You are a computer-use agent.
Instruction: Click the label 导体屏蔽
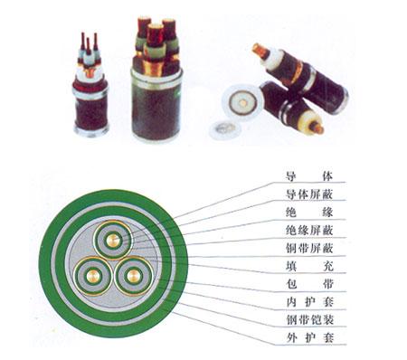(x=309, y=194)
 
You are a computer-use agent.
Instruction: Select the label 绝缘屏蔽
(x=309, y=231)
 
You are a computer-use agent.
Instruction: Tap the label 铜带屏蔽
(x=309, y=249)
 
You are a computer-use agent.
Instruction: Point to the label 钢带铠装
(x=310, y=319)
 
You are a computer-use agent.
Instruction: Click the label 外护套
(x=310, y=337)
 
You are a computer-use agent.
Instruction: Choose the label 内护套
(x=310, y=302)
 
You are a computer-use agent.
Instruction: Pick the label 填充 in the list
(x=309, y=266)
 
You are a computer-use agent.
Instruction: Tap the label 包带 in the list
(x=309, y=284)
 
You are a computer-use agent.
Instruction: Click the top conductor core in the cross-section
(x=113, y=240)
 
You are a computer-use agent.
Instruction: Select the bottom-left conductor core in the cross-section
(x=93, y=276)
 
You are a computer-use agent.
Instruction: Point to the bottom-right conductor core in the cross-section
(x=133, y=276)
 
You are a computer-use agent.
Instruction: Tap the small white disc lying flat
(x=223, y=129)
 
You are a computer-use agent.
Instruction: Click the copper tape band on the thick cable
(x=155, y=68)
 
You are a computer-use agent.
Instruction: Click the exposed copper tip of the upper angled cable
(x=260, y=52)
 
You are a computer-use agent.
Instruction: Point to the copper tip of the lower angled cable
(x=317, y=128)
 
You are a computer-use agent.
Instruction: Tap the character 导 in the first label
(x=291, y=176)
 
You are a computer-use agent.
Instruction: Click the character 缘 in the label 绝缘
(x=327, y=213)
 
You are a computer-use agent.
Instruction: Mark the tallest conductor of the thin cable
(x=96, y=42)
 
